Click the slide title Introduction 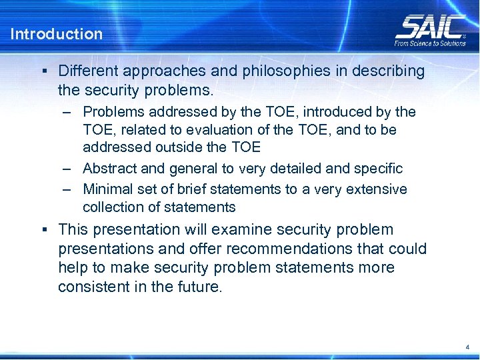click(57, 34)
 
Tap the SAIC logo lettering click(430, 27)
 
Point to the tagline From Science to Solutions click(430, 43)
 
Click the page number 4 click(467, 347)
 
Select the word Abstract click(109, 169)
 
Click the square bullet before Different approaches click(43, 71)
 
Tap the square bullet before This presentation click(43, 230)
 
